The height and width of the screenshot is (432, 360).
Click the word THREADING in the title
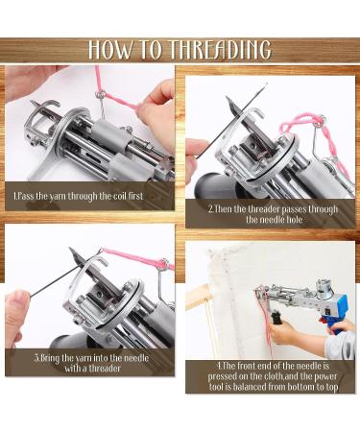coord(220,50)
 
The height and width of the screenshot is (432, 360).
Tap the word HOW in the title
coord(109,50)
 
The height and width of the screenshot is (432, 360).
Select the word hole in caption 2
coord(290,220)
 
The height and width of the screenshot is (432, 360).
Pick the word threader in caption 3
coord(105,368)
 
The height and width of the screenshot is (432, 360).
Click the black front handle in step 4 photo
coord(276,318)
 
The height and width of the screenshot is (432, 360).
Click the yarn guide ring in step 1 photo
coord(101,94)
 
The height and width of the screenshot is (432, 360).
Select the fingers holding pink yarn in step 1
coord(157,108)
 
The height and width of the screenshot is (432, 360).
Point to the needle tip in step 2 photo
coord(228,99)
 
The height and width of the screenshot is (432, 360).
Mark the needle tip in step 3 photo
coord(71,250)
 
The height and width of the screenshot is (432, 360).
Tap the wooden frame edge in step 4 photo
coord(198,297)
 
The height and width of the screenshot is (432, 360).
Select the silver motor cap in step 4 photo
coord(324,287)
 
